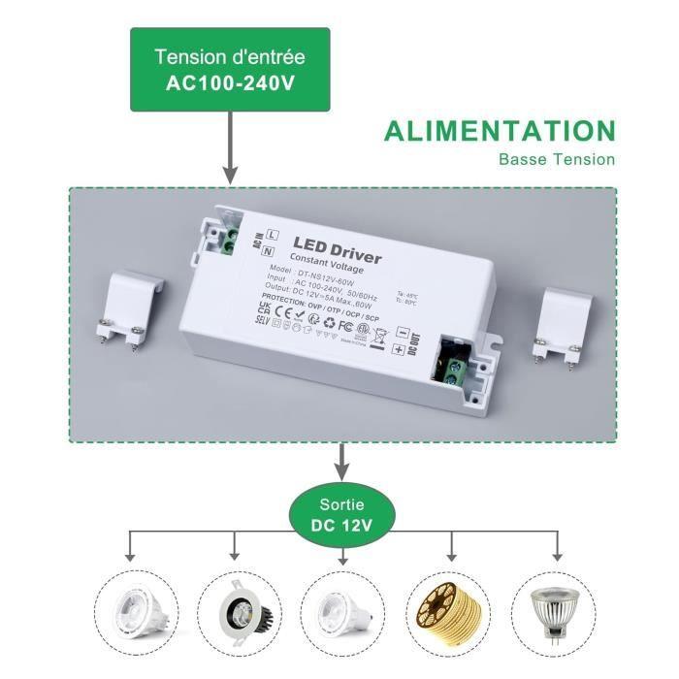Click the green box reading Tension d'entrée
click(230, 69)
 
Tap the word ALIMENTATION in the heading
click(500, 131)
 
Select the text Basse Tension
click(556, 159)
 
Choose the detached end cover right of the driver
click(560, 321)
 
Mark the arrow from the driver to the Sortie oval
click(341, 463)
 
